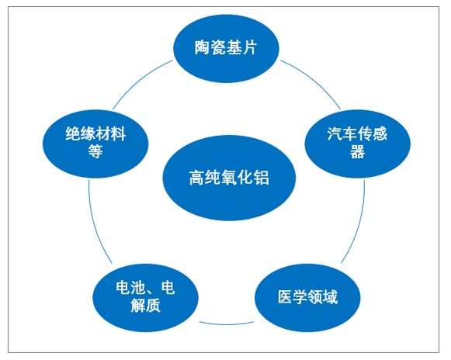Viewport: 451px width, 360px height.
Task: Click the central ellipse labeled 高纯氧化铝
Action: coord(229,178)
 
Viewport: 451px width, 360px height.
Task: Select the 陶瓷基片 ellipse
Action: coord(226,48)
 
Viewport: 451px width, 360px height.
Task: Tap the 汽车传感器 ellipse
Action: coord(358,144)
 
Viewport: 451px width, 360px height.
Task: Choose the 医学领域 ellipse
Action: coord(307,298)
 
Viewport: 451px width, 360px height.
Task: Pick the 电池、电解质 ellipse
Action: coord(145,298)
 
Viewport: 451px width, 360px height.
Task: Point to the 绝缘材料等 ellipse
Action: coord(95,144)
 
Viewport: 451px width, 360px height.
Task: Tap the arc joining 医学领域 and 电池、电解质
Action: coord(227,324)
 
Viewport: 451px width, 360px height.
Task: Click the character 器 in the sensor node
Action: coord(358,151)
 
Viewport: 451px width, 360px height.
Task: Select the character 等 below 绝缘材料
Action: coord(95,151)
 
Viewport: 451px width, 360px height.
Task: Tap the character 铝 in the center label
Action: coord(262,178)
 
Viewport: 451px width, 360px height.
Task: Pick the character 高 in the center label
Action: coord(196,178)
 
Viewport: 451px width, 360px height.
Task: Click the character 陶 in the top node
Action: coord(202,47)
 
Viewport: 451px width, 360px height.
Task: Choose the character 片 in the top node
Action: coord(249,47)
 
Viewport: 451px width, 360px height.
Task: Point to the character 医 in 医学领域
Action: coord(285,296)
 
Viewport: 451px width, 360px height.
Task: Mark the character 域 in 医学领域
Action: coord(330,296)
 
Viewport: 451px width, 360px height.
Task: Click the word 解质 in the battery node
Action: coord(145,306)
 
